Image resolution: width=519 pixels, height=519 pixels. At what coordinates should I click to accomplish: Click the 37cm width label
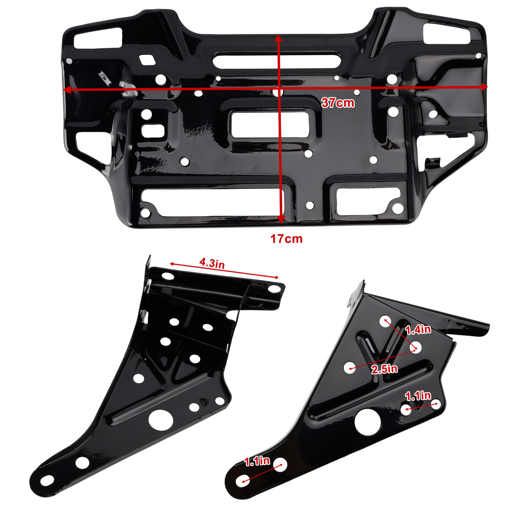coord(338,103)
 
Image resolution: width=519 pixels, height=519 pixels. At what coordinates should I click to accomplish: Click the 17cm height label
coord(287,239)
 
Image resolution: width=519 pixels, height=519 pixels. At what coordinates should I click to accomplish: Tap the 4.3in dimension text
coord(212,263)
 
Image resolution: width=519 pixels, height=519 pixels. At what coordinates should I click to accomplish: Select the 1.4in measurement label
coord(418,329)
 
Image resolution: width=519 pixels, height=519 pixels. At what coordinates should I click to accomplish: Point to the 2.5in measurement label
coord(384,369)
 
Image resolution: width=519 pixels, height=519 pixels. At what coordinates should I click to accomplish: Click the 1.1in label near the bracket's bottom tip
coord(257,461)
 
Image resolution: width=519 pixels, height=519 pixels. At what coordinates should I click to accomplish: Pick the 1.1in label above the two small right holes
coord(418,396)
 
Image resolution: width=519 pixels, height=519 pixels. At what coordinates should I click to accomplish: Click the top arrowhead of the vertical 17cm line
coord(278,38)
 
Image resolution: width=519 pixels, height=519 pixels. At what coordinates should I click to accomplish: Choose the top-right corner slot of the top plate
coord(447,34)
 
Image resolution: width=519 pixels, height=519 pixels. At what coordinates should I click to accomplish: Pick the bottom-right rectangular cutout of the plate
coord(369,200)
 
